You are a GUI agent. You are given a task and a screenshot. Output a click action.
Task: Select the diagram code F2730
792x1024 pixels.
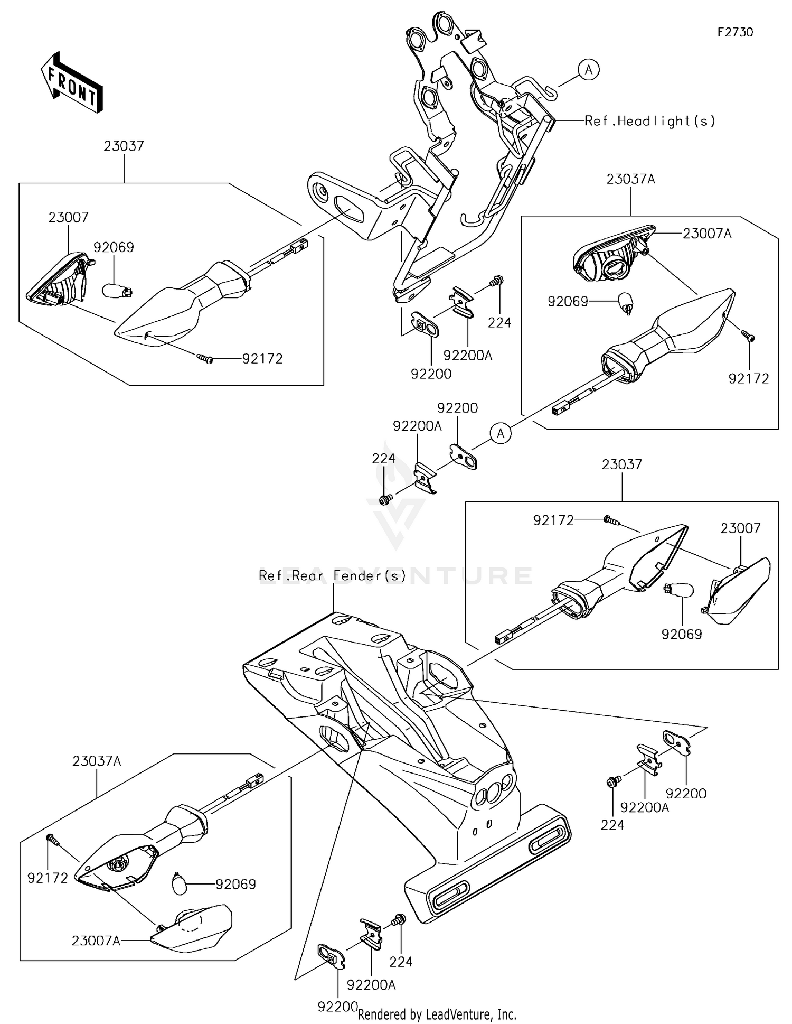point(735,32)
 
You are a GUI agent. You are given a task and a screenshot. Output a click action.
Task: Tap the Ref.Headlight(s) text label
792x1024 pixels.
point(650,121)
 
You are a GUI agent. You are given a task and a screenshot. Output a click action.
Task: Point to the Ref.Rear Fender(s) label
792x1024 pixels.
point(332,575)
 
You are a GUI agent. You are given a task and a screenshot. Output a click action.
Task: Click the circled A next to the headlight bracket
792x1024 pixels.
point(589,70)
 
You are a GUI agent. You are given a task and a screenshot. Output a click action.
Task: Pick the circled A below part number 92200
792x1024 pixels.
point(501,434)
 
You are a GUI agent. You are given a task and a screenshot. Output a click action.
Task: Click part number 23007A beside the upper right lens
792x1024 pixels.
point(707,234)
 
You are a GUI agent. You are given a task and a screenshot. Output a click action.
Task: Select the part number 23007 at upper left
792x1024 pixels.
point(69,217)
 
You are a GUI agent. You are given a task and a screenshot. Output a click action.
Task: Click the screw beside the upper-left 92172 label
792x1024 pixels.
point(205,359)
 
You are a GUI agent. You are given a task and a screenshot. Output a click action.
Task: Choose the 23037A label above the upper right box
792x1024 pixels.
point(630,179)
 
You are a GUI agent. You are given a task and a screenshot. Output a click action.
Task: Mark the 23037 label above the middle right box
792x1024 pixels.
point(622,464)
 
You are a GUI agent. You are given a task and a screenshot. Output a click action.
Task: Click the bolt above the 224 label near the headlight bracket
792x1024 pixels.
point(497,281)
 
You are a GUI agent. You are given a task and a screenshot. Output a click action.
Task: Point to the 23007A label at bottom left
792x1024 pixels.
point(96,941)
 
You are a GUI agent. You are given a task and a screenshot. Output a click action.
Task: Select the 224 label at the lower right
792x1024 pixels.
point(612,825)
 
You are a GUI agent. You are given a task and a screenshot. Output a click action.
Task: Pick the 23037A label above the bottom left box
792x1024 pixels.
point(97,761)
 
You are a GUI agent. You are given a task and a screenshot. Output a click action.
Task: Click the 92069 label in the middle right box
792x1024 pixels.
point(682,634)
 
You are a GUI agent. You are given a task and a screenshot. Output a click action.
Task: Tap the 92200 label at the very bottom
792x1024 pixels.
point(338,1007)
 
